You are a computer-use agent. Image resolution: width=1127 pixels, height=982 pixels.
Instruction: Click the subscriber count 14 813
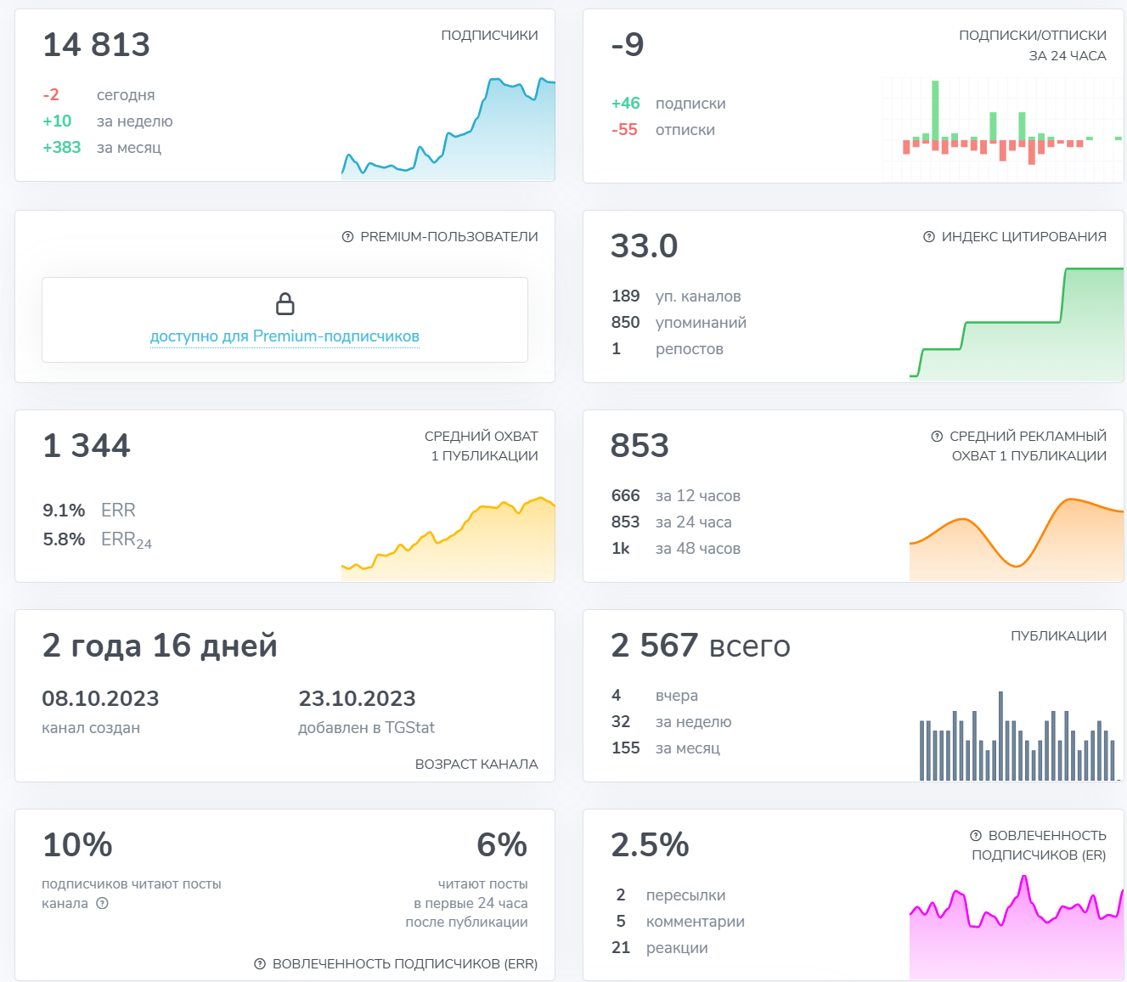pyautogui.click(x=96, y=45)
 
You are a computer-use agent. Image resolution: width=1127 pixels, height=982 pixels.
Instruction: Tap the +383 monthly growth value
pyautogui.click(x=62, y=148)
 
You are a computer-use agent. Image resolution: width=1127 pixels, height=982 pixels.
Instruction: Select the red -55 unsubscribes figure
pyautogui.click(x=624, y=130)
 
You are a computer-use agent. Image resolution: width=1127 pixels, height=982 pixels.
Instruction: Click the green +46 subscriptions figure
pyautogui.click(x=626, y=104)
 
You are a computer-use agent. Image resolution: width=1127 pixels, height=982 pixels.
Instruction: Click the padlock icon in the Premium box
pyautogui.click(x=285, y=303)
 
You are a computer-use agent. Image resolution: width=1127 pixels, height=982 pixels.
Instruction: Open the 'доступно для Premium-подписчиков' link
pyautogui.click(x=285, y=336)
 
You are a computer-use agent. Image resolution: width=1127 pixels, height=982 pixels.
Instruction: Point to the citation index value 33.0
pyautogui.click(x=644, y=246)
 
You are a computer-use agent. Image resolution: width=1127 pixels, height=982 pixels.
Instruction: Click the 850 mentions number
pyautogui.click(x=625, y=323)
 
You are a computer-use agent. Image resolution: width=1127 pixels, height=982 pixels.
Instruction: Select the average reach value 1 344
pyautogui.click(x=87, y=446)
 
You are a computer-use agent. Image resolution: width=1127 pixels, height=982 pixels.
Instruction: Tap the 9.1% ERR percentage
pyautogui.click(x=64, y=511)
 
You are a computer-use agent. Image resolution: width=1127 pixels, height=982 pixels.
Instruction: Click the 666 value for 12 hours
pyautogui.click(x=625, y=496)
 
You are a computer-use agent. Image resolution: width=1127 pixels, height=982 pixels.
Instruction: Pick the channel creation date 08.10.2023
pyautogui.click(x=100, y=699)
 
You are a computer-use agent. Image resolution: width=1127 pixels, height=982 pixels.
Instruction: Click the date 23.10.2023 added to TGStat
pyautogui.click(x=357, y=699)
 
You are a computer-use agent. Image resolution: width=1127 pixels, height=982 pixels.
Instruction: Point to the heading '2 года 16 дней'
pyautogui.click(x=160, y=646)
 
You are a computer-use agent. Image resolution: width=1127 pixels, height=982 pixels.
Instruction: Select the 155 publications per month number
pyautogui.click(x=625, y=748)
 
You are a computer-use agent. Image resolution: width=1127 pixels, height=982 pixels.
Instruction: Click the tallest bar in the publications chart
pyautogui.click(x=1000, y=736)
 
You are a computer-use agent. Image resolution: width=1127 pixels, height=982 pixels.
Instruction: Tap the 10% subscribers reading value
pyautogui.click(x=77, y=845)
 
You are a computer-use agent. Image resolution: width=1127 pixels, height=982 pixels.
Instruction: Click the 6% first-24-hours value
pyautogui.click(x=502, y=845)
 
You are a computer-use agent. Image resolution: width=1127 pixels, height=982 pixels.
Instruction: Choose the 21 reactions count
pyautogui.click(x=621, y=948)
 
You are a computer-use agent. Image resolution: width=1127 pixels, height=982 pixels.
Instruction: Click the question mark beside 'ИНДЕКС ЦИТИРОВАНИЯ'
pyautogui.click(x=929, y=237)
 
